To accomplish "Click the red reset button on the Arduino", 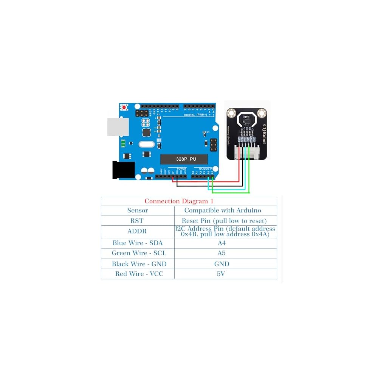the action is click(124, 107).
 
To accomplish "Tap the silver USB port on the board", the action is click(118, 127).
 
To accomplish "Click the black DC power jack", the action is click(124, 170).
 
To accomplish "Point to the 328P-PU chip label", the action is click(184, 159).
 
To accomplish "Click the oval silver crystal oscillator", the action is click(147, 144).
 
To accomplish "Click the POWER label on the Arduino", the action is click(181, 169).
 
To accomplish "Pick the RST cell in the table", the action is click(137, 221).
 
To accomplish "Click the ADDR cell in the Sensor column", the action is click(137, 231).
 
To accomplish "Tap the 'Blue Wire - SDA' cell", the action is click(137, 243).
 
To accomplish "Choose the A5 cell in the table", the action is click(222, 253).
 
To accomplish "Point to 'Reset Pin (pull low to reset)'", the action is click(224, 221).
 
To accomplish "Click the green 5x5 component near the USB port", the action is click(123, 144).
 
